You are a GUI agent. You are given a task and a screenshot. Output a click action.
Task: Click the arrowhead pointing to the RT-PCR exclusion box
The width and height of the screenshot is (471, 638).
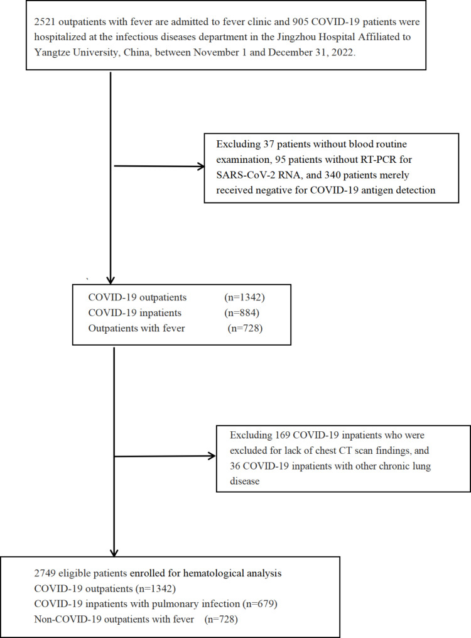tap(202, 167)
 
